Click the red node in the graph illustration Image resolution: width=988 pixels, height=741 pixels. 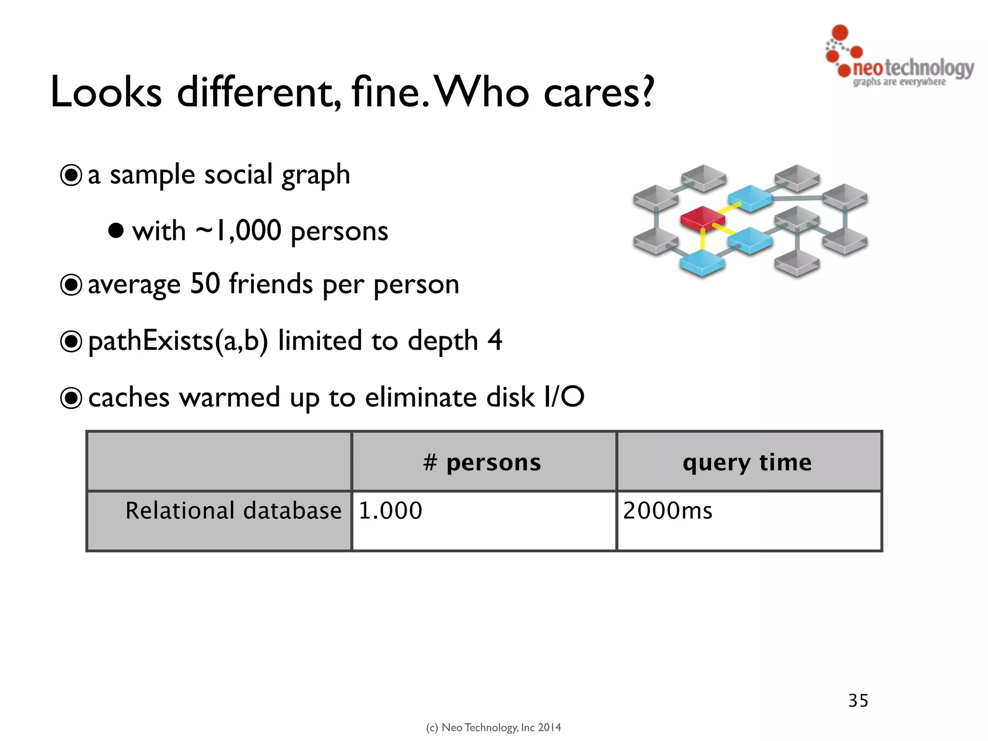point(702,218)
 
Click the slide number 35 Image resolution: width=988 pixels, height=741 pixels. point(858,700)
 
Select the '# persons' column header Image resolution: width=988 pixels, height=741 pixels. point(483,462)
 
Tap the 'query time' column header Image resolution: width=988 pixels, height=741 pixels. point(747,462)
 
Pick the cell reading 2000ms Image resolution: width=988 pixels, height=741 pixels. point(668,511)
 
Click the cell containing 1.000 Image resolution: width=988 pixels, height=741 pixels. point(391,511)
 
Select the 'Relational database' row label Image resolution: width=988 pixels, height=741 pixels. point(233,511)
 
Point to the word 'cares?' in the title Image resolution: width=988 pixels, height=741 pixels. point(599,92)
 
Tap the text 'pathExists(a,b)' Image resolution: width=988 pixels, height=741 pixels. point(178,341)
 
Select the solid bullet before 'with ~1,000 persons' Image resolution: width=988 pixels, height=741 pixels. point(116,231)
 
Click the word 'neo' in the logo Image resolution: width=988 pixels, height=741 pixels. point(868,68)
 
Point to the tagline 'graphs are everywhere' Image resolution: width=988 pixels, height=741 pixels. point(899,82)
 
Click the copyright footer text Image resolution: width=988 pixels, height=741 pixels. point(494,727)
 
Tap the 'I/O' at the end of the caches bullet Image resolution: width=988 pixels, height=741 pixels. point(564,397)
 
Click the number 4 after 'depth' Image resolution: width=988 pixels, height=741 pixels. point(494,340)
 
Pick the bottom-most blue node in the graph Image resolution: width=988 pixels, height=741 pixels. point(702,263)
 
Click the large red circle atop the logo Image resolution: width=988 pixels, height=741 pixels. point(840,32)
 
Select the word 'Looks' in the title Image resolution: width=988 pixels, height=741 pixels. point(106,92)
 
